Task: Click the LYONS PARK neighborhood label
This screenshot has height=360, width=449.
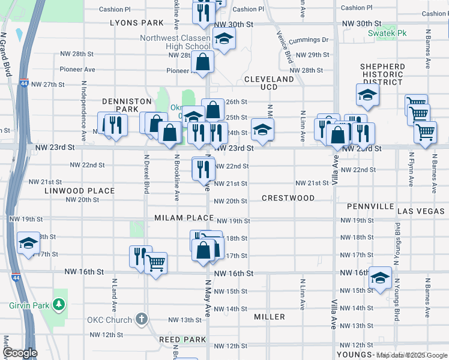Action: click(137, 23)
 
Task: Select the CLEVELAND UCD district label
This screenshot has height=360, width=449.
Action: click(269, 83)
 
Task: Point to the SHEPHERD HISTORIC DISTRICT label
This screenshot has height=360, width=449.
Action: click(382, 74)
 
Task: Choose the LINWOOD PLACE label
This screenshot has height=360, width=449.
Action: click(79, 191)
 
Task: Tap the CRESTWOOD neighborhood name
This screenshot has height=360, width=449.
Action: click(288, 198)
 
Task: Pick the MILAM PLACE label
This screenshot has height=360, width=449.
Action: click(184, 218)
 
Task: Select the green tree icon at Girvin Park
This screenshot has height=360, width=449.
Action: click(59, 305)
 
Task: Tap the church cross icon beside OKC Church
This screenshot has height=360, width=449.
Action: click(141, 319)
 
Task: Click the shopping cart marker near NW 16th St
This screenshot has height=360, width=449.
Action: click(156, 262)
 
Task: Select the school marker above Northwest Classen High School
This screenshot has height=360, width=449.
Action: click(224, 40)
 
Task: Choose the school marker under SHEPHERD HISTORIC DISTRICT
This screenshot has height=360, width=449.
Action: click(367, 95)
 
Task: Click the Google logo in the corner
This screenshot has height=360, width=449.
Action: click(19, 353)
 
